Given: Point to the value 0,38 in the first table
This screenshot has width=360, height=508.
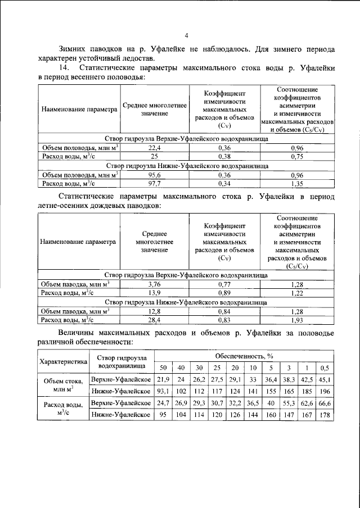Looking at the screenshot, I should click(224, 156).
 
